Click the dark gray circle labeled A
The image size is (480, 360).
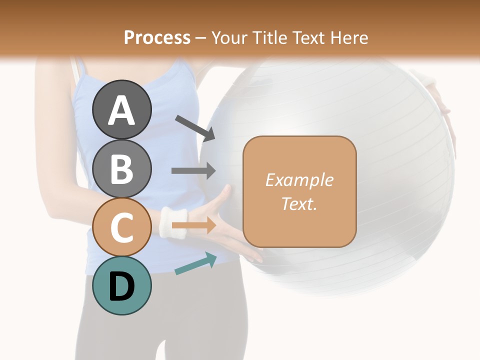click(122, 109)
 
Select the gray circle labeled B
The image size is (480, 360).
click(122, 168)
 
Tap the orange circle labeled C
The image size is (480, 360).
click(122, 227)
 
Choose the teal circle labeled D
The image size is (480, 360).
click(122, 285)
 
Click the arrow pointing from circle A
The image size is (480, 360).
click(194, 127)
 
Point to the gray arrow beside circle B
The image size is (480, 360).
click(193, 170)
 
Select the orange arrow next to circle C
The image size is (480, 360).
click(193, 225)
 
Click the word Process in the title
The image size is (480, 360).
click(157, 37)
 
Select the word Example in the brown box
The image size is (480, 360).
click(299, 180)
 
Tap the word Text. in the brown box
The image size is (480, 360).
click(299, 204)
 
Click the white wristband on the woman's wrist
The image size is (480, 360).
click(173, 222)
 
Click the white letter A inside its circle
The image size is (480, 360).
click(122, 110)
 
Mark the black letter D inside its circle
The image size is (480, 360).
click(122, 286)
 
